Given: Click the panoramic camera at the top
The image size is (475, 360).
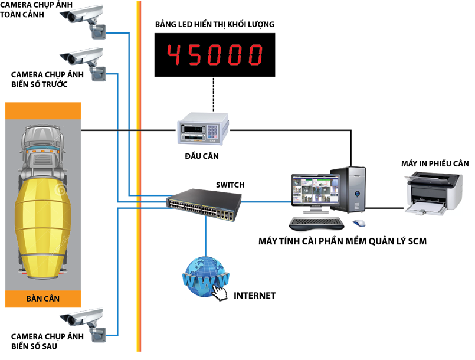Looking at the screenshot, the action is [83, 21].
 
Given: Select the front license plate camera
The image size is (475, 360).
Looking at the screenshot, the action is [83, 63].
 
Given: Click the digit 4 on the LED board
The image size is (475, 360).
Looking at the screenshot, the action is [174, 55].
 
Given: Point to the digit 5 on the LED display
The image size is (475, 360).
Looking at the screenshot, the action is [194, 55].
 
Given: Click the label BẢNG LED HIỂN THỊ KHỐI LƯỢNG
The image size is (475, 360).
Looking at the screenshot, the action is [215, 24].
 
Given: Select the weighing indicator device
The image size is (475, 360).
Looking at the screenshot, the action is [203, 129].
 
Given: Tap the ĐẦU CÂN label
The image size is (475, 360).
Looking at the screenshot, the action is [202, 156].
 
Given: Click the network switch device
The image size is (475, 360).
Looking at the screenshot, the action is [204, 205].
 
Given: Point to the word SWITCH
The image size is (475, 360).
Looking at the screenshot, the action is [230, 185].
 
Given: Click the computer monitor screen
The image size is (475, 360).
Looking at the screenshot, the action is [315, 190].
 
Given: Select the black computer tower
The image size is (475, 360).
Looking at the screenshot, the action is [348, 189].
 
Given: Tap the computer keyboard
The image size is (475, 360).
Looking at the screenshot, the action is [316, 223].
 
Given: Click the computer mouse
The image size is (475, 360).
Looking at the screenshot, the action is [359, 223].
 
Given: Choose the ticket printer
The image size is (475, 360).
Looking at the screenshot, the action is [434, 193].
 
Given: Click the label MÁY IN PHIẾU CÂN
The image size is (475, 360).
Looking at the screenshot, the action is [435, 163].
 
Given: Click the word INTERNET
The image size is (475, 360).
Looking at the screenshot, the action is [255, 296].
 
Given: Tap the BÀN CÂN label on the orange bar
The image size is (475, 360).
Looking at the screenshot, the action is [43, 299].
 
